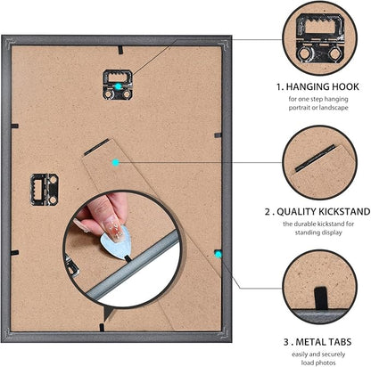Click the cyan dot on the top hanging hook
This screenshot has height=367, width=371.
click(x=119, y=86)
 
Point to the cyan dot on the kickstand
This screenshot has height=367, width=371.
click(x=116, y=162)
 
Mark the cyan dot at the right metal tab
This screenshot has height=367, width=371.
click(x=218, y=254)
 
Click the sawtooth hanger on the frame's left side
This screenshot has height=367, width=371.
click(x=44, y=190)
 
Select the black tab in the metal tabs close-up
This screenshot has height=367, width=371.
click(x=321, y=298)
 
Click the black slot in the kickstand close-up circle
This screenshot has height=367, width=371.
click(x=315, y=159)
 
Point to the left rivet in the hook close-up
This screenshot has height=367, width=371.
click(x=304, y=54)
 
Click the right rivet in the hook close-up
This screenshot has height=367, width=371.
click(x=335, y=54)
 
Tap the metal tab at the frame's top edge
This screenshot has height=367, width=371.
click(x=120, y=50)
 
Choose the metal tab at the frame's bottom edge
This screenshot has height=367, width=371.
click(x=102, y=327)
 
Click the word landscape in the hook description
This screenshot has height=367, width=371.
click(x=332, y=108)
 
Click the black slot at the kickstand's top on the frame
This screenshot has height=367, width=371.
click(x=96, y=147)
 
